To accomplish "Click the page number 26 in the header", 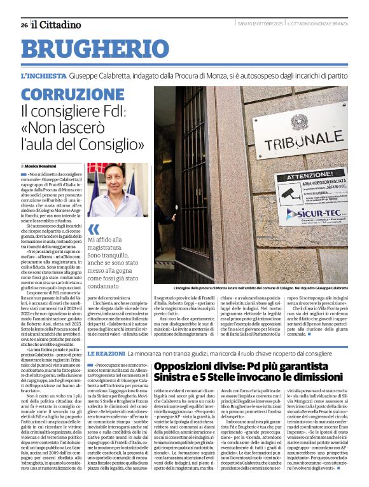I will [24, 25].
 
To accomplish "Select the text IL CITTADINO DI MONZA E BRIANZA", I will [317, 25].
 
